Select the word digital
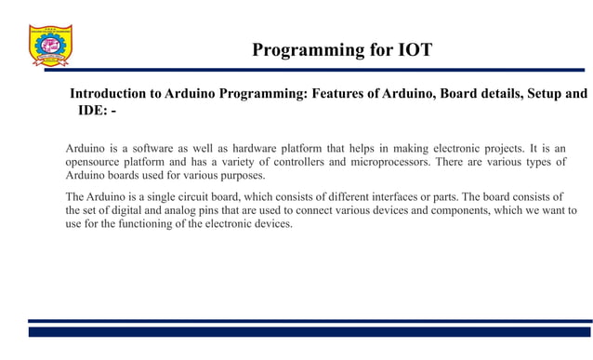[127, 210]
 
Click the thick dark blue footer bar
[310, 331]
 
